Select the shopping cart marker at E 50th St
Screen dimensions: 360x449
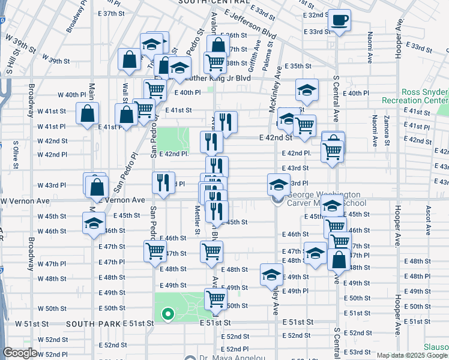coord(215,298)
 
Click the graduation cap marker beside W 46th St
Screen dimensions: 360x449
coord(94,224)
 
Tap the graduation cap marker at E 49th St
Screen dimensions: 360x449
coord(271,275)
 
